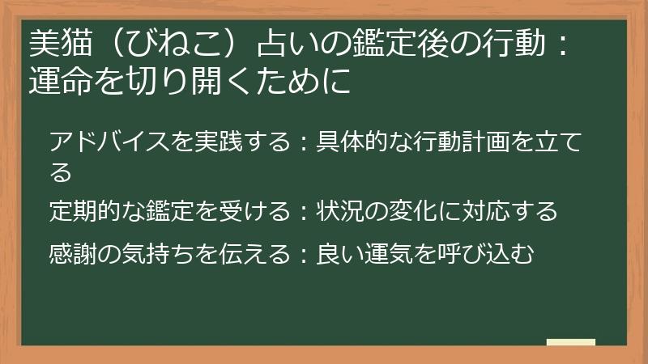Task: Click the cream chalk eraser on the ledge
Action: [570, 343]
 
